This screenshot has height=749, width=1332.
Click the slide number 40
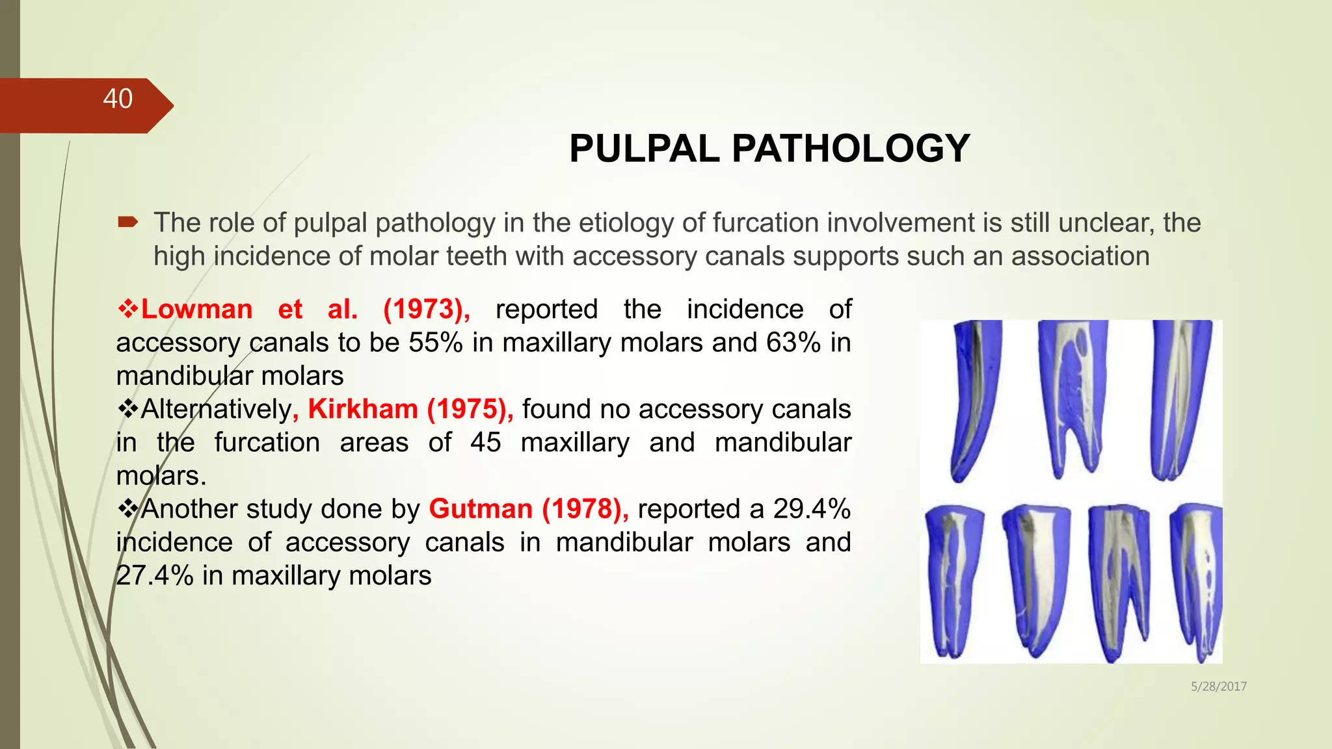(118, 99)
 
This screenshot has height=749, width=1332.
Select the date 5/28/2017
(1218, 687)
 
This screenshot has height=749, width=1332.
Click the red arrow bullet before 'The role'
(128, 223)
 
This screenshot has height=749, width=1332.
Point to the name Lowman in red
(197, 309)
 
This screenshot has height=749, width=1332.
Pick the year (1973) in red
(426, 309)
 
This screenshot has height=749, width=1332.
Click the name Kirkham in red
(362, 410)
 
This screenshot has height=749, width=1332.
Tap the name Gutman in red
(481, 509)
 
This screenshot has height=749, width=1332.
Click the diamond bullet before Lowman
(128, 309)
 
